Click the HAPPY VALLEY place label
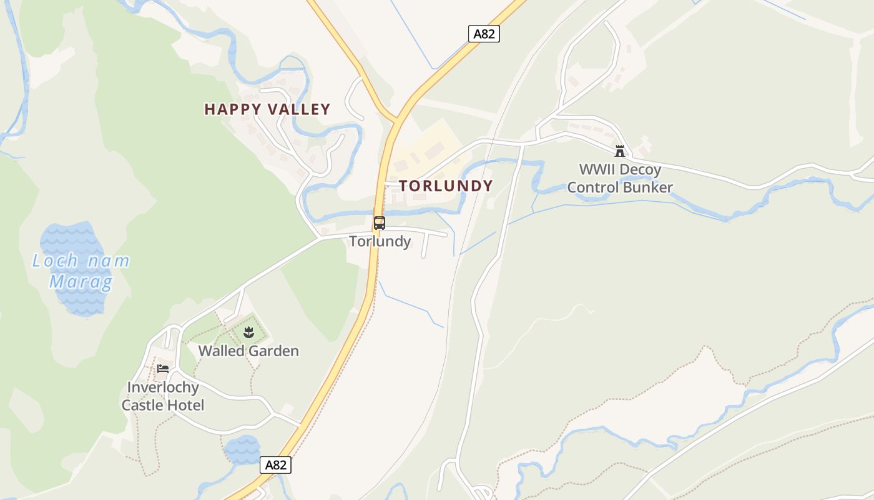tap(267, 109)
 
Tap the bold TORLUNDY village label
tap(446, 186)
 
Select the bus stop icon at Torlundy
tap(380, 223)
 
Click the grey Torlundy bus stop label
tap(380, 241)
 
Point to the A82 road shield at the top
tap(484, 34)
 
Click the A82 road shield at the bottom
tap(275, 465)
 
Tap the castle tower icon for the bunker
tap(619, 151)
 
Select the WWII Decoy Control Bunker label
tap(619, 178)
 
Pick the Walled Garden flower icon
tap(248, 332)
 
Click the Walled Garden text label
tap(248, 351)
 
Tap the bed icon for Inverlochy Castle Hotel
tap(163, 369)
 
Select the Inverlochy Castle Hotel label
tap(162, 396)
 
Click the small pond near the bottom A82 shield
tap(242, 450)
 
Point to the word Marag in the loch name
tap(81, 282)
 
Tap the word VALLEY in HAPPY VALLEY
tap(298, 109)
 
